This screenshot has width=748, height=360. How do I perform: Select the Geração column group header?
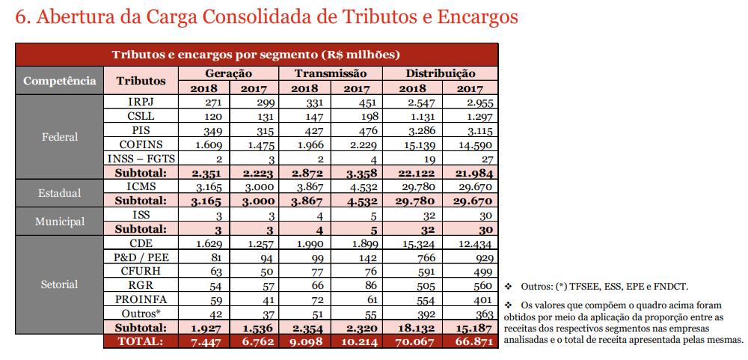click(x=228, y=73)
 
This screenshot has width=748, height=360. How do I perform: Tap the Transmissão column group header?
click(x=330, y=73)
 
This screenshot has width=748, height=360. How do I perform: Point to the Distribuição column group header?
click(x=440, y=73)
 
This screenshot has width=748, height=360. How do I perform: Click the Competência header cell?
click(x=59, y=80)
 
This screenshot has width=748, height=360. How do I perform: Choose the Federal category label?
click(x=59, y=137)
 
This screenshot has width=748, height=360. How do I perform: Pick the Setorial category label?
click(x=59, y=284)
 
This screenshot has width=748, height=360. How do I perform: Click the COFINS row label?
click(x=141, y=144)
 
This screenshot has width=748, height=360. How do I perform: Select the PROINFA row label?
click(x=141, y=299)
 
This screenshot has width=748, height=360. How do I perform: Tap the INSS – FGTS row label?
click(x=141, y=158)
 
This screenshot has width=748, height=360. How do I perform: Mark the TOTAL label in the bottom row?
click(x=141, y=341)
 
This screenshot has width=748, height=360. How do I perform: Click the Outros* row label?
click(x=141, y=314)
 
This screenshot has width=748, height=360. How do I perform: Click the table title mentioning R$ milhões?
click(x=256, y=55)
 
